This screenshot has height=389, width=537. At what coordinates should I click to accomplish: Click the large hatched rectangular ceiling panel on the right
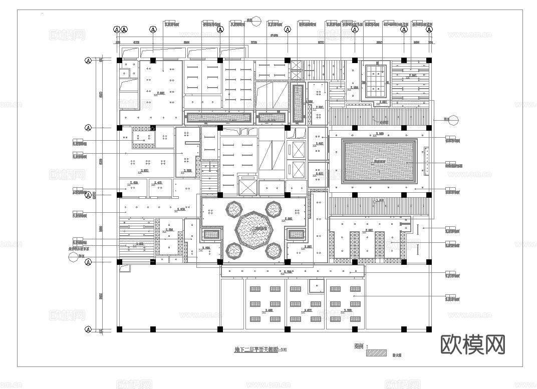click(x=379, y=162)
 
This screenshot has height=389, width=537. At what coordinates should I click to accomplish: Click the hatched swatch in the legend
click(x=377, y=353)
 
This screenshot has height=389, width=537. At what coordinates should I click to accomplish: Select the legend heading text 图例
click(x=359, y=345)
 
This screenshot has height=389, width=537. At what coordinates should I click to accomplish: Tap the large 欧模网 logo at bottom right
click(x=472, y=344)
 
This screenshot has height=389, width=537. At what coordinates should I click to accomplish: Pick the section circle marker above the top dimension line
click(x=256, y=22)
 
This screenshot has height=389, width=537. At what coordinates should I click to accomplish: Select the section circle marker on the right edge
click(x=453, y=120)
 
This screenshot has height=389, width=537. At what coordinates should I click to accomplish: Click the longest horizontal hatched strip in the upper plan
click(x=219, y=118)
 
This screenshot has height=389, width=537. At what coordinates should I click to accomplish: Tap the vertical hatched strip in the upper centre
click(x=298, y=104)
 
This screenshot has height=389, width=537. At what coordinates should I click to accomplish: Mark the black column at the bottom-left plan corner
click(x=119, y=329)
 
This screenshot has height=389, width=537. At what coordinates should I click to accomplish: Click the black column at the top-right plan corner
click(x=429, y=60)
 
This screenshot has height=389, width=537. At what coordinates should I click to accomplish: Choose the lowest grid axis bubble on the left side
click(x=88, y=329)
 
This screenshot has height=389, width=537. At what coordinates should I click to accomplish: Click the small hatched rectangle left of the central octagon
click(x=211, y=234)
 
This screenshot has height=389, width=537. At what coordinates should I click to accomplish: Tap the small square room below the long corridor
click(x=316, y=286)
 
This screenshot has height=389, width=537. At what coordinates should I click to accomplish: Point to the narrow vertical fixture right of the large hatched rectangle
click(x=426, y=161)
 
